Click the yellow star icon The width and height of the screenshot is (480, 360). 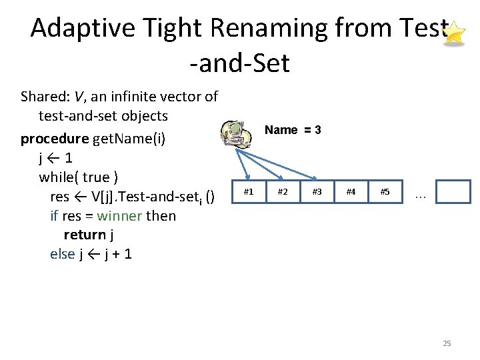[x=454, y=33]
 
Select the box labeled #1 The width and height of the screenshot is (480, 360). [x=249, y=192]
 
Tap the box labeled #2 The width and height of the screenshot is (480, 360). [x=283, y=192]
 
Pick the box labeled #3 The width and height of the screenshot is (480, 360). [x=317, y=192]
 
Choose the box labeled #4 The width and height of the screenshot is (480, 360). [x=351, y=192]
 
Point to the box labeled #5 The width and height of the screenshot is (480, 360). [x=385, y=192]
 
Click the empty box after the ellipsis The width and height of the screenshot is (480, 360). [x=456, y=192]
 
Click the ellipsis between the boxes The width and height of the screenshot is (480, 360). [x=420, y=195]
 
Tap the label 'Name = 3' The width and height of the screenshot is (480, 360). [x=293, y=130]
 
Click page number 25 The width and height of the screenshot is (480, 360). [x=447, y=343]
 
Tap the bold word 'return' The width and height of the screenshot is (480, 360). [x=84, y=235]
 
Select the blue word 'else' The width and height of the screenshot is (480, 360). [x=62, y=254]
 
